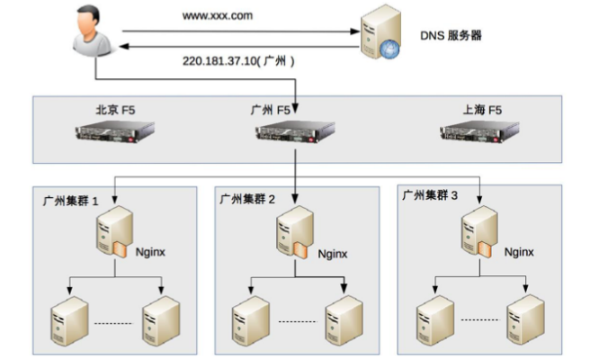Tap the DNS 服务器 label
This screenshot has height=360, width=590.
tap(453, 37)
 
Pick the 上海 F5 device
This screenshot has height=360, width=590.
tap(476, 134)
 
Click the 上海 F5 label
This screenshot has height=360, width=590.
tap(476, 110)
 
